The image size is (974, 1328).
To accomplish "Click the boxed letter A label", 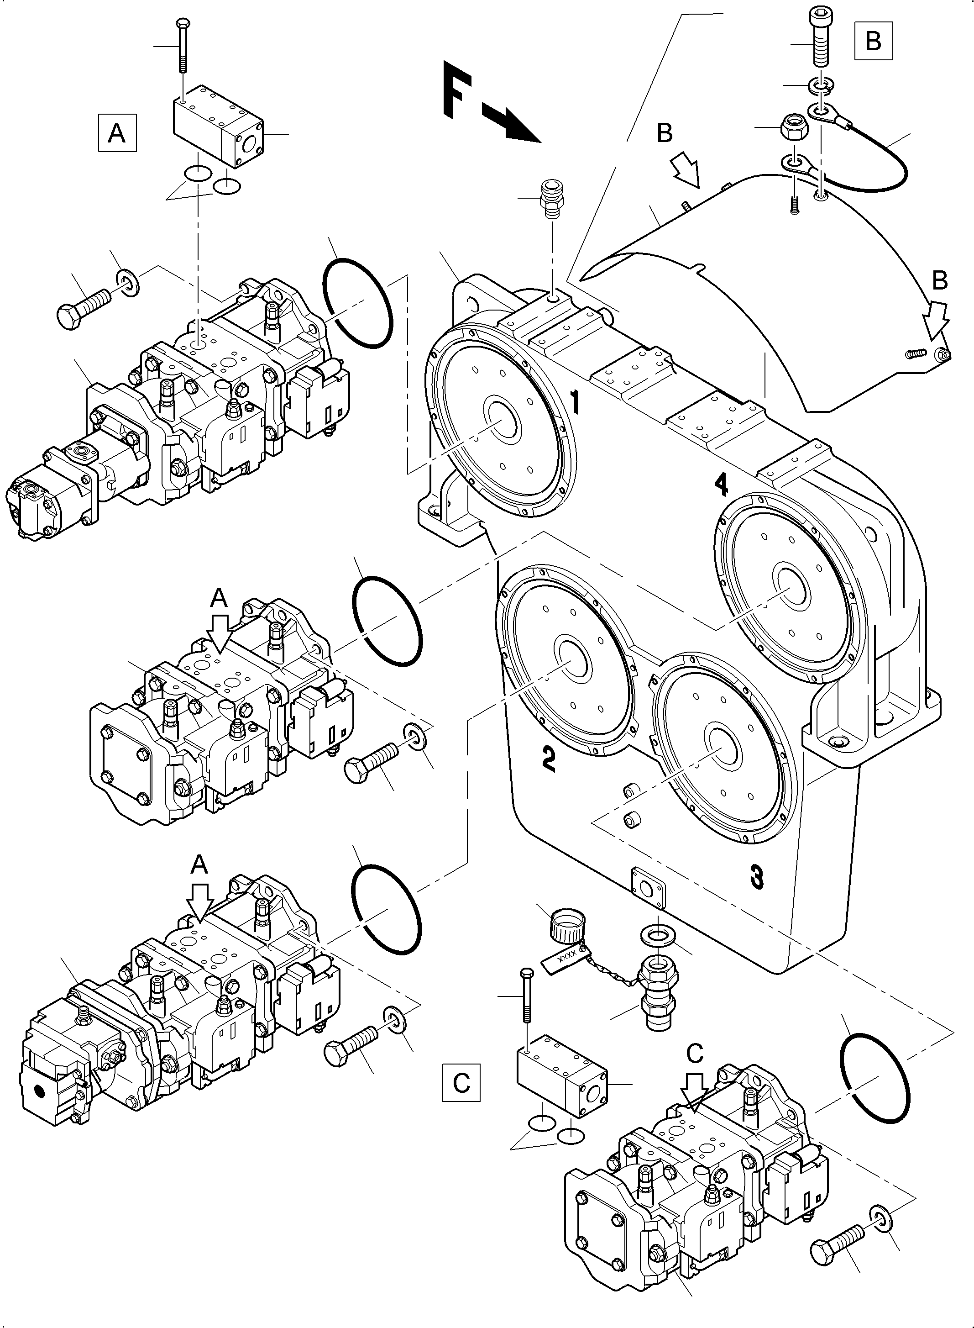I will (x=117, y=133).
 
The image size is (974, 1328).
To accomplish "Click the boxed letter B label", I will (x=873, y=41).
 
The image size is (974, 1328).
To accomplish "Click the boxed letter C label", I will (x=461, y=1083).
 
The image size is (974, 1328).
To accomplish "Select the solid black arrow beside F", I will (x=511, y=123).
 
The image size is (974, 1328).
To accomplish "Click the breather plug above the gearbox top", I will (x=552, y=199).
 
